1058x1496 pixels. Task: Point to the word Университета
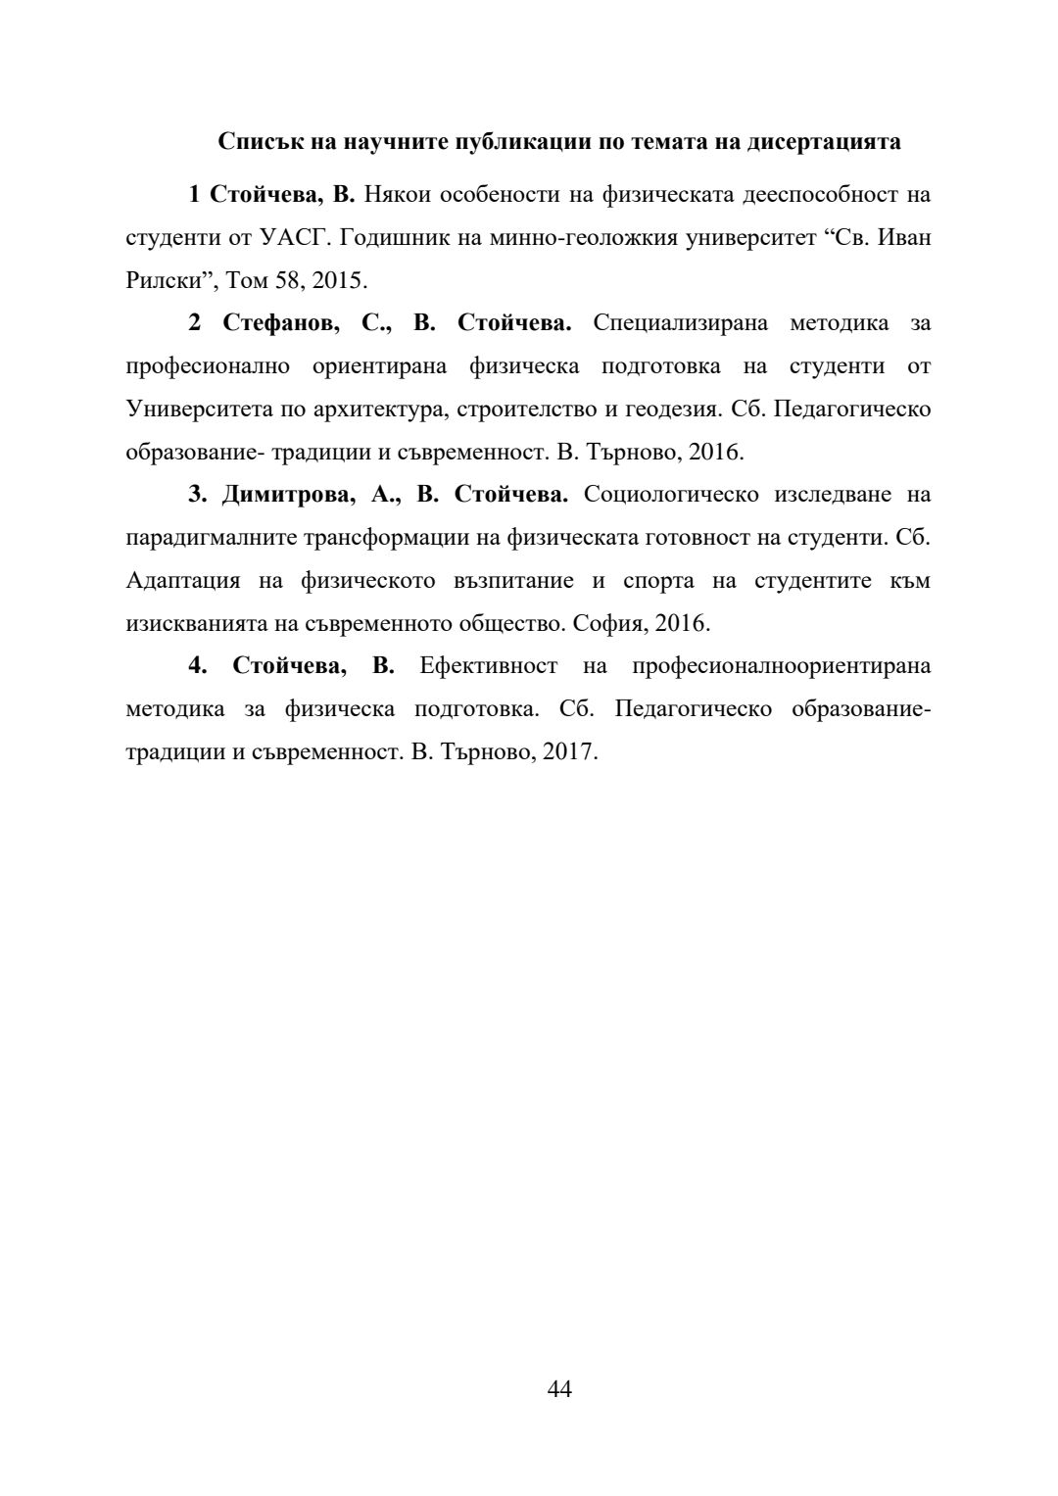(x=200, y=410)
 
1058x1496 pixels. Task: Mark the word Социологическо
(x=671, y=495)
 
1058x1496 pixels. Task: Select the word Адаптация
(x=183, y=581)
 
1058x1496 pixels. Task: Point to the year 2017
(x=570, y=753)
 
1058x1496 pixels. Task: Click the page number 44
(x=559, y=1388)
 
